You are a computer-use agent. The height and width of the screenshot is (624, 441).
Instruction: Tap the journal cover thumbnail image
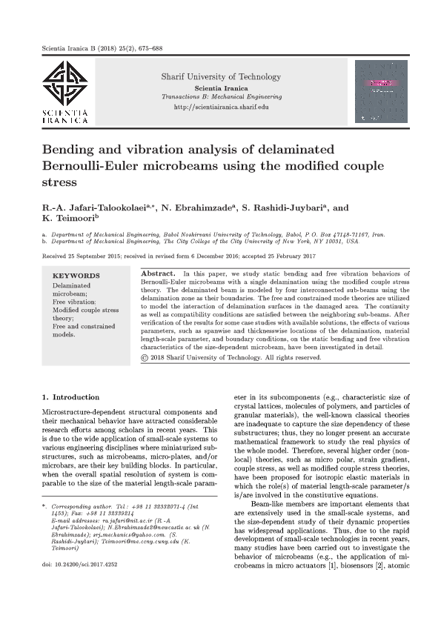382,91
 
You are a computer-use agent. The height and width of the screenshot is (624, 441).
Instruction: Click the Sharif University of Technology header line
221,77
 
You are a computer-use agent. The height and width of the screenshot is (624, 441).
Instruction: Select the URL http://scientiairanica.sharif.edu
221,107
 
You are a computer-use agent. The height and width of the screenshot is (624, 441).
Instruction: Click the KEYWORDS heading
76,276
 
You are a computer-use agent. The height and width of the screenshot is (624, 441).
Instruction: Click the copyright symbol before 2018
145,357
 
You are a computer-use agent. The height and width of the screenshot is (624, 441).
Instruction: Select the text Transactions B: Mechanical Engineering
221,97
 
